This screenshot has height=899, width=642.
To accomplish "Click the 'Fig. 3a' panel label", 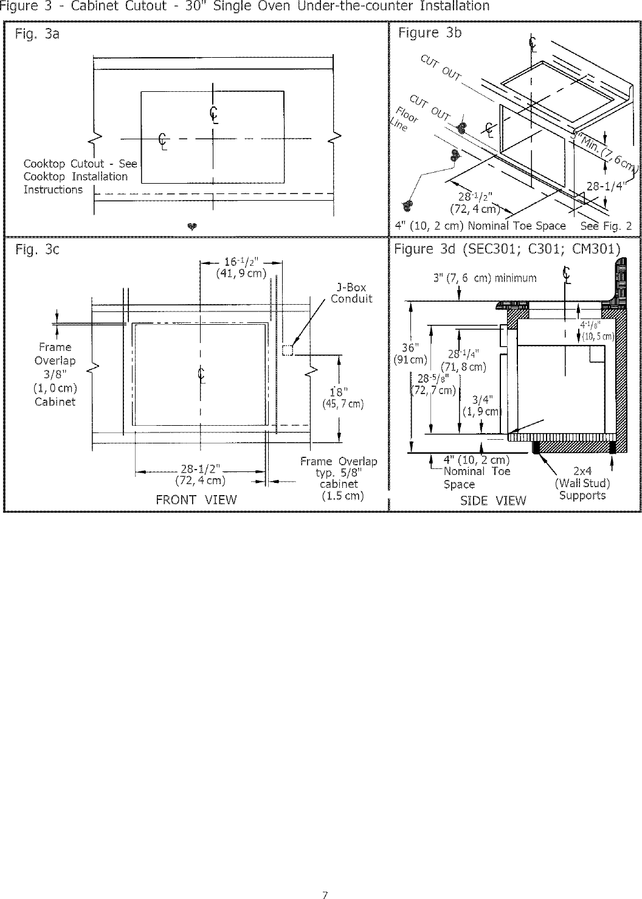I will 37,34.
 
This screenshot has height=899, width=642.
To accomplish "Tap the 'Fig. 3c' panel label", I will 37,250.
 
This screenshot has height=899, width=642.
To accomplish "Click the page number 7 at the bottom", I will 325,894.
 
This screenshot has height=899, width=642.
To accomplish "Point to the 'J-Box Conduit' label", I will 351,293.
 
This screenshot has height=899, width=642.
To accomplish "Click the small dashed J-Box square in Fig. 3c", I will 288,350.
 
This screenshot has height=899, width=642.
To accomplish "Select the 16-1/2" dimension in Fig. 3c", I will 242,262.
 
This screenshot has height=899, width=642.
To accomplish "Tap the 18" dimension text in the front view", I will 338,390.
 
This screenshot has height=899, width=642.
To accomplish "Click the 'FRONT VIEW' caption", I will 196,500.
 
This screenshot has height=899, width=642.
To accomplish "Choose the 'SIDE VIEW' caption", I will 493,501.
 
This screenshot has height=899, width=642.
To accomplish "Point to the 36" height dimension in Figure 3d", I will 411,347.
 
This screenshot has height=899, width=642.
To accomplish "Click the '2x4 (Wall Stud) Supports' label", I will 582,483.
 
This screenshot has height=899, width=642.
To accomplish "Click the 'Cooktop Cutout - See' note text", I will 80,164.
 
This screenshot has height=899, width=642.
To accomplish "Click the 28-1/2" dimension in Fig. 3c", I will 200,468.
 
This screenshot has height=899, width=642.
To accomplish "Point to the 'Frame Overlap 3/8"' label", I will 55,360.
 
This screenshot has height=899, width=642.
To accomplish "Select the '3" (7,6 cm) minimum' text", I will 485,278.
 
